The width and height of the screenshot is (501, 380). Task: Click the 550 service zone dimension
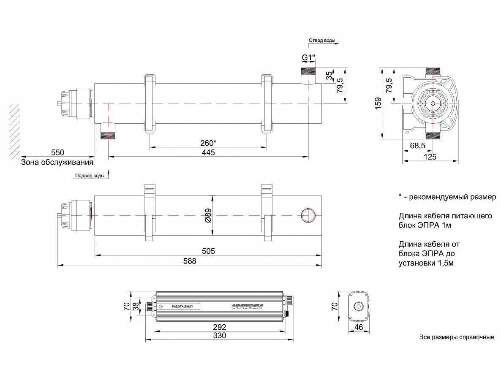tap(57, 152)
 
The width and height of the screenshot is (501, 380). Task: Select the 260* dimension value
tap(208, 143)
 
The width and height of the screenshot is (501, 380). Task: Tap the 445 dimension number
tap(208, 152)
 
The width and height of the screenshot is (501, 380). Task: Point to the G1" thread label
tap(308, 58)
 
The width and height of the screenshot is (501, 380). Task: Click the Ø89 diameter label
tap(208, 215)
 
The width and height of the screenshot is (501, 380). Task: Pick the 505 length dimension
tap(208, 251)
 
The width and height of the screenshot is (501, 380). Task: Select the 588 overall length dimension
tap(190, 261)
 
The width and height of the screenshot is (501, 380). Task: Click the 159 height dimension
tap(378, 103)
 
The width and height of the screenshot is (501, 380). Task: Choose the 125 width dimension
tap(430, 157)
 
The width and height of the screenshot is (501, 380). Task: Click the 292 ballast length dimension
tap(219, 327)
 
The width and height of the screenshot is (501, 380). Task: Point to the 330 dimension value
tap(219, 336)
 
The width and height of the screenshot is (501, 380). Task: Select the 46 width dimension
tap(358, 327)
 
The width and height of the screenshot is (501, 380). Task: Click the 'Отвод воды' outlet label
tap(322, 41)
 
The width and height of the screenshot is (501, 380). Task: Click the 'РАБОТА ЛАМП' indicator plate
tap(182, 307)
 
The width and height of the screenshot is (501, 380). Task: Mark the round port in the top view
tap(308, 215)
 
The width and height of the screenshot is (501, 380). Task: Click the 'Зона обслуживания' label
tap(57, 162)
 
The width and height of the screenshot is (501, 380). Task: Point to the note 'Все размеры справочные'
tap(457, 337)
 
